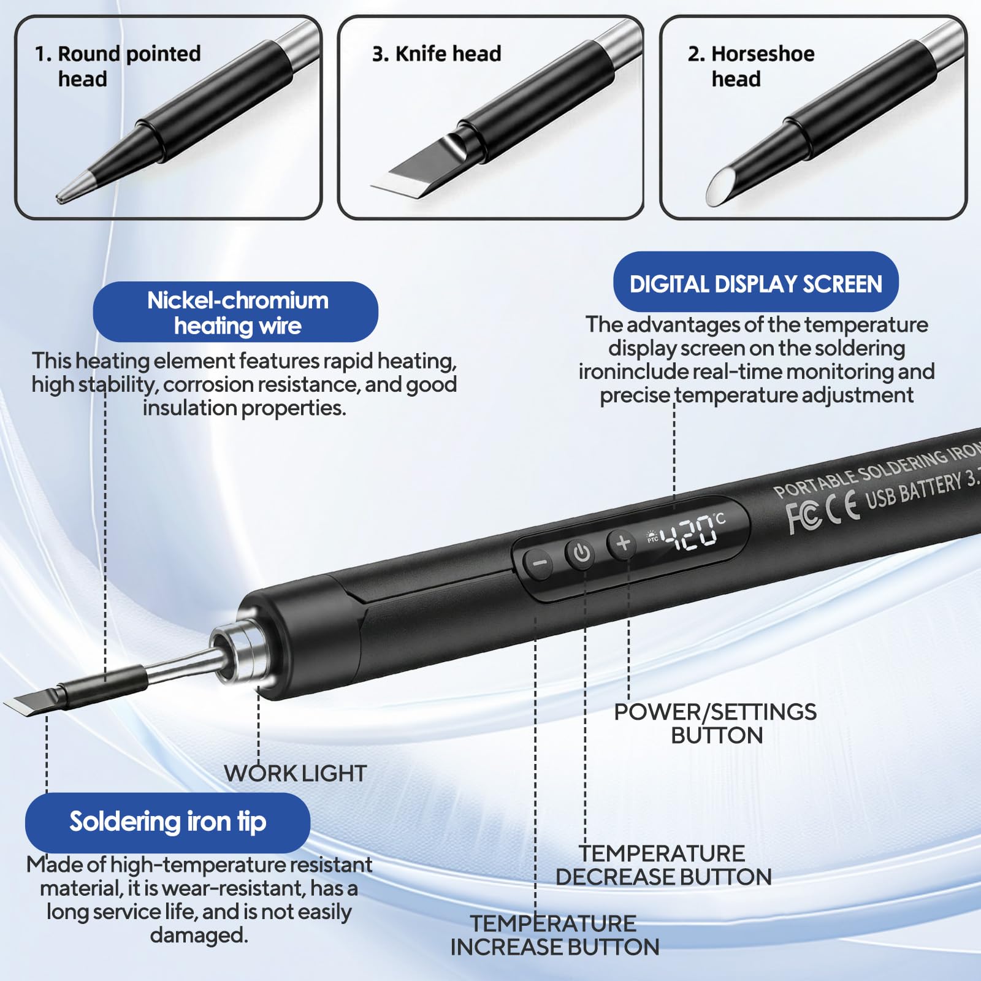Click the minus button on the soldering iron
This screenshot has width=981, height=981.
point(540,563)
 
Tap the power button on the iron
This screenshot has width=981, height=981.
point(581,553)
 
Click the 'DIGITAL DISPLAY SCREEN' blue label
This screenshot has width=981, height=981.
point(756,283)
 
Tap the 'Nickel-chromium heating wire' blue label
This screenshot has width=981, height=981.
point(236,311)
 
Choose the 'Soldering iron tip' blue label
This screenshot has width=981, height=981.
point(167,822)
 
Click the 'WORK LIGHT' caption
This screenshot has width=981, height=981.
point(296,773)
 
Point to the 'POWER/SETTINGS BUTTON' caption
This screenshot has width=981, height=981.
point(716,723)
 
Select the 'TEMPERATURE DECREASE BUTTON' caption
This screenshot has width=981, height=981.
point(663,865)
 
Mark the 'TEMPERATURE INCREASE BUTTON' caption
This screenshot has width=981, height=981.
point(555,935)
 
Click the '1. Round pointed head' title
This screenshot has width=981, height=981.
point(118,66)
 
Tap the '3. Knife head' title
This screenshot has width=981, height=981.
point(437,54)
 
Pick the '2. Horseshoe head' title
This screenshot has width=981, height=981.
point(751,66)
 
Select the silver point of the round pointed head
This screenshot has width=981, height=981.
point(74,188)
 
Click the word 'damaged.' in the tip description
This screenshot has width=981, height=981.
point(199,936)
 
